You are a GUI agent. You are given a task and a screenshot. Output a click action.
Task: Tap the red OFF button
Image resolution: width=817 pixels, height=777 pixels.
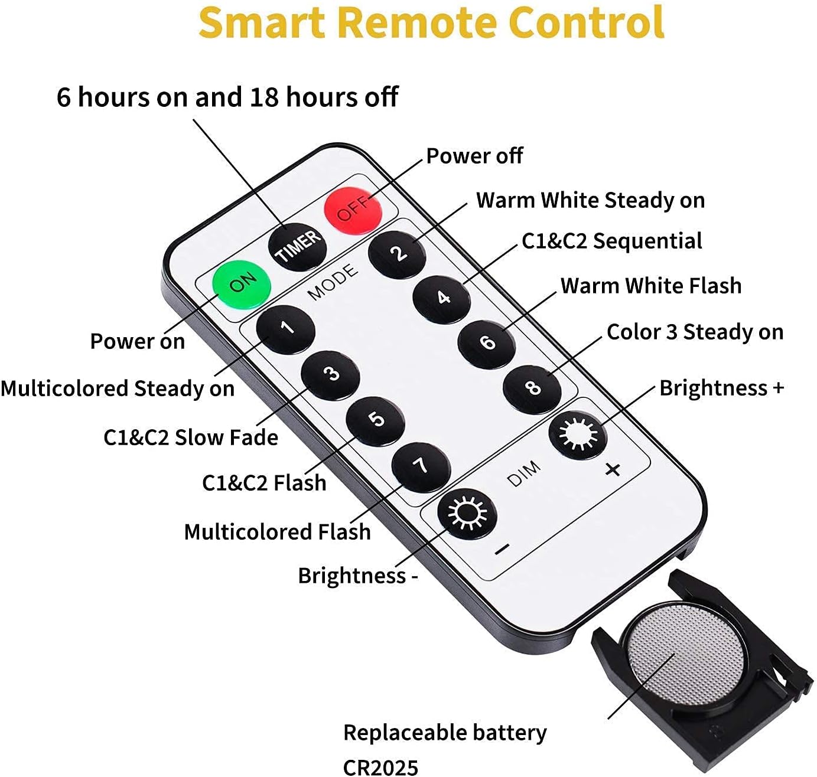[353, 210]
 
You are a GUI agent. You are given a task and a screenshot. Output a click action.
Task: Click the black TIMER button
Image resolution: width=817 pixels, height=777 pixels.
[297, 247]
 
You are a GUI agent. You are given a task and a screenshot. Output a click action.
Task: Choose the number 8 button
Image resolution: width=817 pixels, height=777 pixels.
[532, 389]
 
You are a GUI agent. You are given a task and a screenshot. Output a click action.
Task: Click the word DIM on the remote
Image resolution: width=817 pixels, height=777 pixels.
[523, 474]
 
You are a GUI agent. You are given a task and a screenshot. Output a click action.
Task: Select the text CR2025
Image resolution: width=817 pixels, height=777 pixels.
[380, 767]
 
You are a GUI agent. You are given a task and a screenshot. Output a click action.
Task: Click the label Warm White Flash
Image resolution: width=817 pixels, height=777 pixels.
[651, 286]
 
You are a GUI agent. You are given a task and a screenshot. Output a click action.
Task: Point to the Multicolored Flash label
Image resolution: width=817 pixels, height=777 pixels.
[277, 532]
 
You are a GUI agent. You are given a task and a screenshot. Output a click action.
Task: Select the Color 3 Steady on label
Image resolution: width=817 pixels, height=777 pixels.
[695, 332]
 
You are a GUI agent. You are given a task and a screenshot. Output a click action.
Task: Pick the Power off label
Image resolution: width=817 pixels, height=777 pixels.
[474, 156]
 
